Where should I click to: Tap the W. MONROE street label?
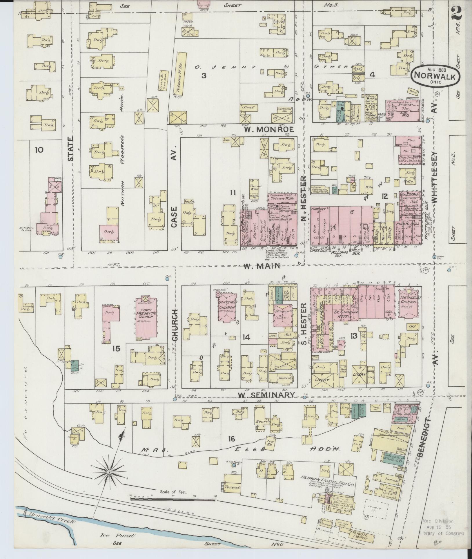pos(269,129)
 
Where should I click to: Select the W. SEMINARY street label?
pos(266,395)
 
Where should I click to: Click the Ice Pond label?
pos(117,535)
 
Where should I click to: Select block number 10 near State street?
pos(39,150)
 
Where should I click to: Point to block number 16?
pos(231,439)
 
